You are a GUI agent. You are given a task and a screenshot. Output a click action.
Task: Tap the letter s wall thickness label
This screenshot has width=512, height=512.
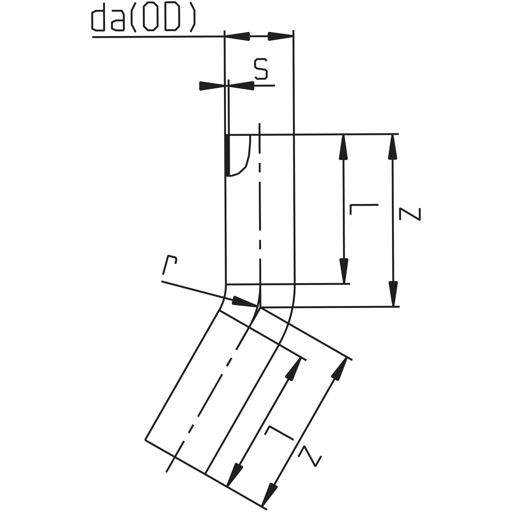(261, 69)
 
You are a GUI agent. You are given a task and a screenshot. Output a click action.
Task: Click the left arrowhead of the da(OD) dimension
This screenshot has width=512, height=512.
(237, 36)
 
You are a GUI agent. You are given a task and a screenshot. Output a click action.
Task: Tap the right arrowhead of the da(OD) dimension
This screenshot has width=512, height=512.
(280, 36)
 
